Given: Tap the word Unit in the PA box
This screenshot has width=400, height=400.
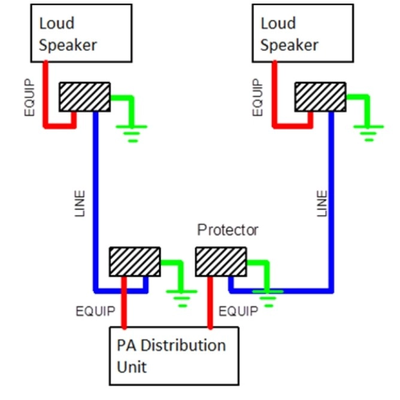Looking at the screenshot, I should [x=133, y=366].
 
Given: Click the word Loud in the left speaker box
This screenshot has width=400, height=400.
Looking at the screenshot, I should [x=57, y=23].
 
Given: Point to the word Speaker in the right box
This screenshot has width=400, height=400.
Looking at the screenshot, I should [x=289, y=44].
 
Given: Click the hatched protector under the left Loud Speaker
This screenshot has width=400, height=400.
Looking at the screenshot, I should [x=84, y=96].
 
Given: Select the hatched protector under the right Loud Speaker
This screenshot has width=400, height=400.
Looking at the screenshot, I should [x=320, y=96].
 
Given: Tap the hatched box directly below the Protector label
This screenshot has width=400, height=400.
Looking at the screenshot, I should [x=221, y=261].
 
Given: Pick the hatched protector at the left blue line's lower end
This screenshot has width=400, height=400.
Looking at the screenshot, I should [x=134, y=261].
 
